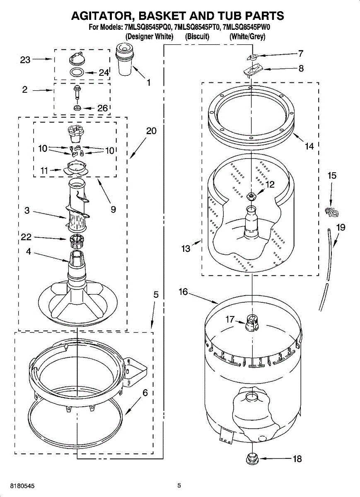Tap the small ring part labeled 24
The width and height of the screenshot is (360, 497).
(x=76, y=72)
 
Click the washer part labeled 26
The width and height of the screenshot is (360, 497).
(x=77, y=108)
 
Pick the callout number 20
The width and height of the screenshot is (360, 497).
(x=151, y=131)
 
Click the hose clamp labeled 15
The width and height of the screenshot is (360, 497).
(x=331, y=212)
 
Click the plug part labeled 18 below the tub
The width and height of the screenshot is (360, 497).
(x=251, y=458)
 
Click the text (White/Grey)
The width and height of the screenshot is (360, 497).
(x=247, y=36)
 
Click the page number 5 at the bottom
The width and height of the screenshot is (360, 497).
(x=179, y=485)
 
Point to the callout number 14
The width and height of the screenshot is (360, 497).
(x=309, y=146)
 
